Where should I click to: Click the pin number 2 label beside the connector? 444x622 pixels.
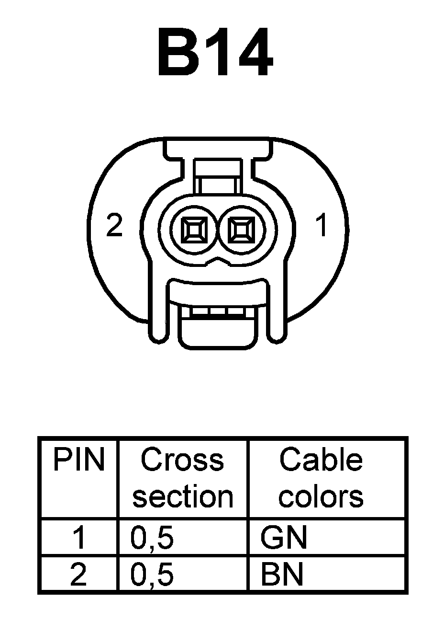(x=114, y=225)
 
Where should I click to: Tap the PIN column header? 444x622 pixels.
(x=78, y=460)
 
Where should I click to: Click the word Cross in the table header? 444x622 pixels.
(x=182, y=460)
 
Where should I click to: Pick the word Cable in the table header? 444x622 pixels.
(x=321, y=460)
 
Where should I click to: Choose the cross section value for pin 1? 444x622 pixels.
(x=152, y=538)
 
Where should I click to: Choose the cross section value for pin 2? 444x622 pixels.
(x=152, y=574)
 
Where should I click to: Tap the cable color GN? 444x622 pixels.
(x=283, y=538)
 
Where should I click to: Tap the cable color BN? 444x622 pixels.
(x=282, y=574)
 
